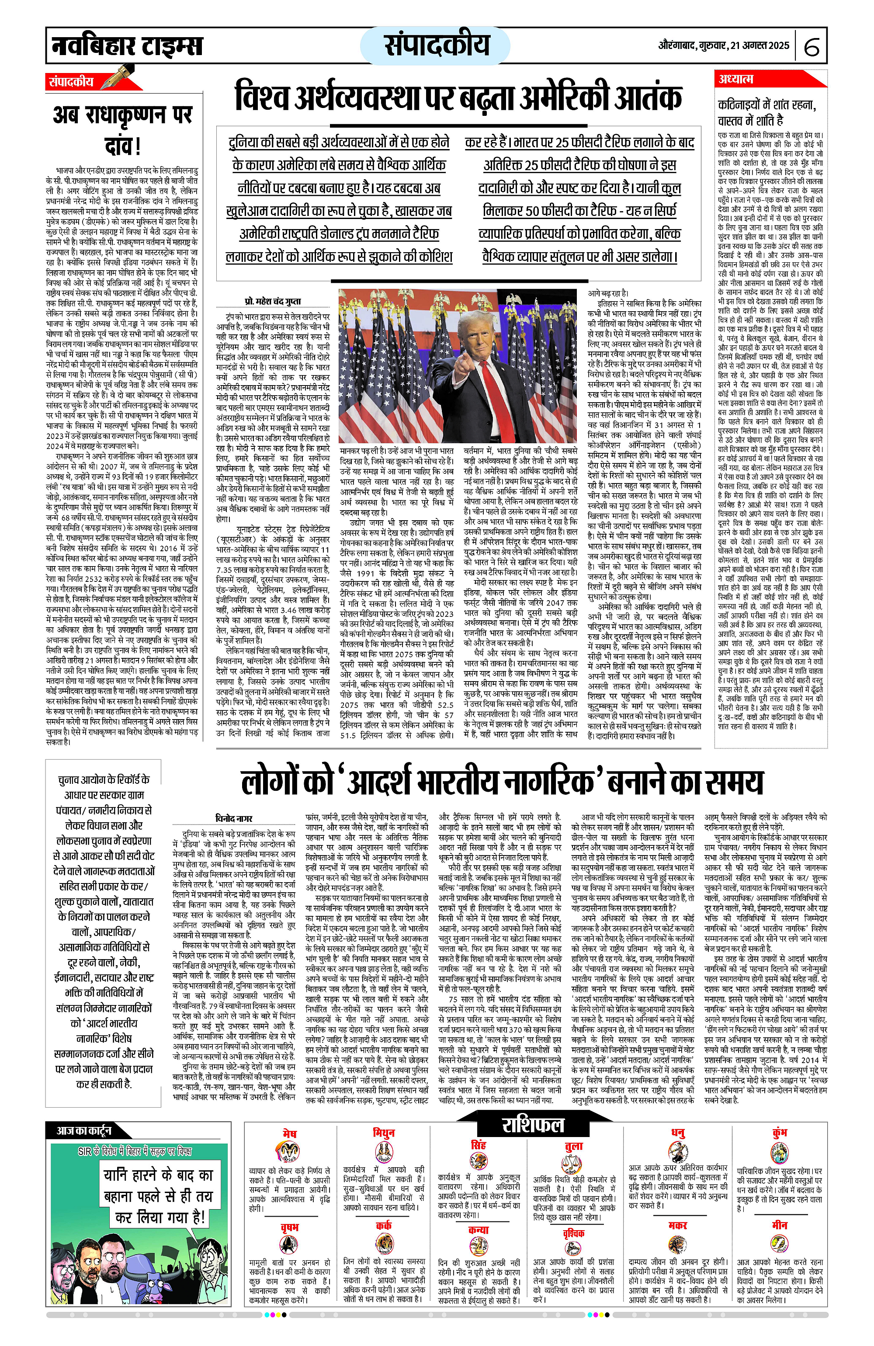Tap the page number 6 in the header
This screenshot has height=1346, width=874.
tap(811, 47)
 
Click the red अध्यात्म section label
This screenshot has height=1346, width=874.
tap(735, 79)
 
